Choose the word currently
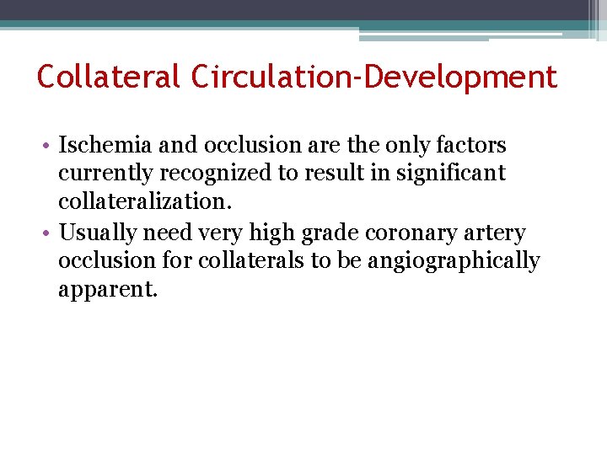pyautogui.click(x=104, y=174)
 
